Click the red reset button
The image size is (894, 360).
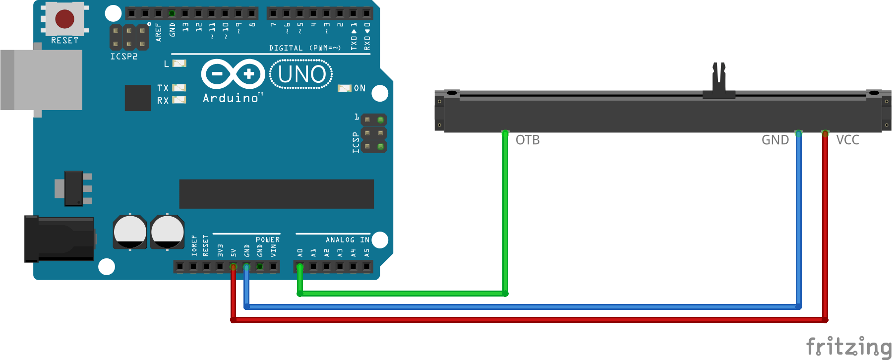(64, 19)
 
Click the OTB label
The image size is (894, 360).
(527, 140)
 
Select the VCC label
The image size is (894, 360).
(847, 140)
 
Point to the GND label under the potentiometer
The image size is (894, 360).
(775, 140)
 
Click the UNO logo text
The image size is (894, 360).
(301, 74)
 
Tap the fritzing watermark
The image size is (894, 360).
(848, 346)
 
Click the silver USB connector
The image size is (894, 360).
(42, 80)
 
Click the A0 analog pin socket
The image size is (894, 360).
(300, 267)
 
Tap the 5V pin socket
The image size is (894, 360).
(233, 267)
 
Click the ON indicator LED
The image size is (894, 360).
(344, 88)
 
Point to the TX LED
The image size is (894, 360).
(179, 88)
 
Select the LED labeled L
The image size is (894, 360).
(179, 63)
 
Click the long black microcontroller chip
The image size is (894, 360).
(276, 194)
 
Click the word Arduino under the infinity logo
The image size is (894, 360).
(231, 98)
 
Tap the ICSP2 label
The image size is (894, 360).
(123, 57)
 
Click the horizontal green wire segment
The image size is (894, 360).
(402, 294)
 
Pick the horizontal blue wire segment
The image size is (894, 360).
(521, 307)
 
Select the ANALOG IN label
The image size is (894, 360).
(347, 240)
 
